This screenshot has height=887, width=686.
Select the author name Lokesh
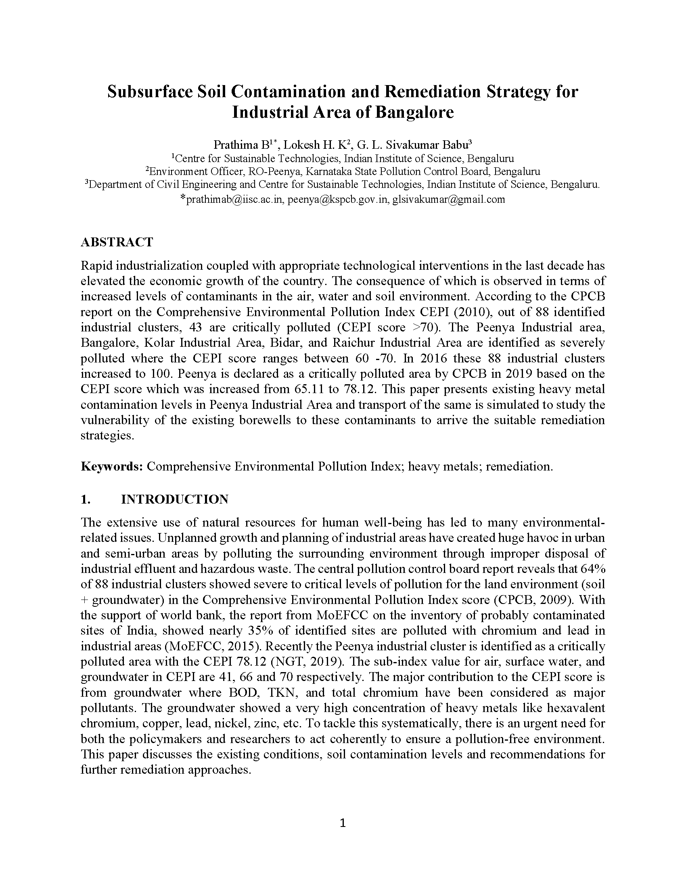click(x=301, y=145)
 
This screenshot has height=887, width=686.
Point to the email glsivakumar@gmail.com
click(x=448, y=200)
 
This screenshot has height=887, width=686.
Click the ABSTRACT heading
click(x=117, y=242)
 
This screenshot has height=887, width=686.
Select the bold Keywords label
click(x=111, y=466)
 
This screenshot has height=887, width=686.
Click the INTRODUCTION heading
click(x=174, y=499)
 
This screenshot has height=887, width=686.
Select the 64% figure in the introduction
click(x=594, y=569)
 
